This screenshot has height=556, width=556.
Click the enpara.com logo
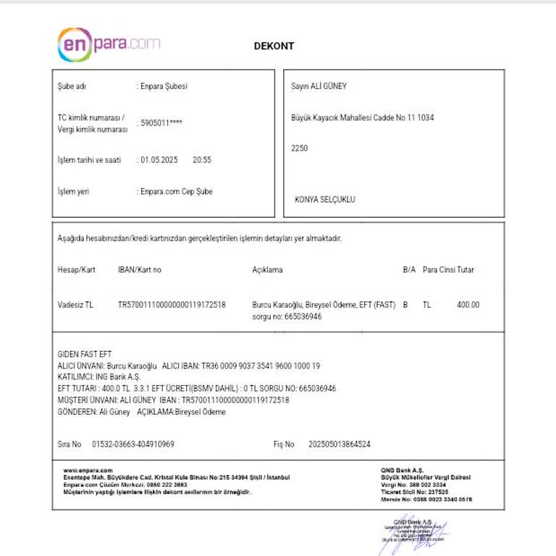109,43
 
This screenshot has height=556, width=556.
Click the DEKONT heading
274,46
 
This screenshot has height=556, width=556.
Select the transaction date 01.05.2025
159,160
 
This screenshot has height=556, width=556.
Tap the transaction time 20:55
202,160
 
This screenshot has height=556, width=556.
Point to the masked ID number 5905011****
161,123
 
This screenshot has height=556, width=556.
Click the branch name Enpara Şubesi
163,86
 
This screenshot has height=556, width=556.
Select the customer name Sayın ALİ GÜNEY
319,86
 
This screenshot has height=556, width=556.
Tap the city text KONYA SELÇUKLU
325,199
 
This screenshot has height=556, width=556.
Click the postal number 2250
299,148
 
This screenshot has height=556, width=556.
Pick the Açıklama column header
267,270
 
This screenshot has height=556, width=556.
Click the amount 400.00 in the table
468,306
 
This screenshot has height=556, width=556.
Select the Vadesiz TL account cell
75,306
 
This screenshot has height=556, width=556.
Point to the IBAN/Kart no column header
140,270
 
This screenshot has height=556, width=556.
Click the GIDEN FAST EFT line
85,355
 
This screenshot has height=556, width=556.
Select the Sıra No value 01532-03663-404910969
133,444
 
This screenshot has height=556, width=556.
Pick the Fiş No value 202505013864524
340,444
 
